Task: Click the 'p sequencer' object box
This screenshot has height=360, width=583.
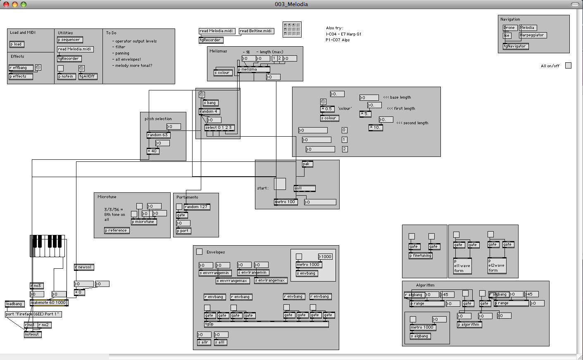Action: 70,40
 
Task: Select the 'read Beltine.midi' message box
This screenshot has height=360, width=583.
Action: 256,31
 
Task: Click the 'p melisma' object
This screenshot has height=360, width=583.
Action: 253,70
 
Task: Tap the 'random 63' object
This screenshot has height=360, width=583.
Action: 158,135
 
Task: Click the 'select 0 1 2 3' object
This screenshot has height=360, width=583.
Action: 219,128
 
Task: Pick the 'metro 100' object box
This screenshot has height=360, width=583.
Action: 286,202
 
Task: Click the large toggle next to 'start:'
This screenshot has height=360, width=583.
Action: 280,184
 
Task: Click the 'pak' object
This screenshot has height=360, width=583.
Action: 307,164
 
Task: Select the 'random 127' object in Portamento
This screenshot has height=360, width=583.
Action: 197,207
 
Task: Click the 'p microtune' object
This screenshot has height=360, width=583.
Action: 144,222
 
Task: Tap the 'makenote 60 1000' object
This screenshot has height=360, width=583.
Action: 49,303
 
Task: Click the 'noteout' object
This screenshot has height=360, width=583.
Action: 33,334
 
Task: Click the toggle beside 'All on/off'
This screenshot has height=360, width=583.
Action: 568,66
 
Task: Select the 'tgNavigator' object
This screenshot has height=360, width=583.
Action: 515,46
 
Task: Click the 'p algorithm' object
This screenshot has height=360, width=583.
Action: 469,324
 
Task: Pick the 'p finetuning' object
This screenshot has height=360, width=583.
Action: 421,256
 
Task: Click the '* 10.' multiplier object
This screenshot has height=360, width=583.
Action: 376,128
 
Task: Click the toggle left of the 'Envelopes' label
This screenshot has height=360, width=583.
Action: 199,251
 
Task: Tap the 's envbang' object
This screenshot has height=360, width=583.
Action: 306,273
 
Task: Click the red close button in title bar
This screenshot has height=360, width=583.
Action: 6,4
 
